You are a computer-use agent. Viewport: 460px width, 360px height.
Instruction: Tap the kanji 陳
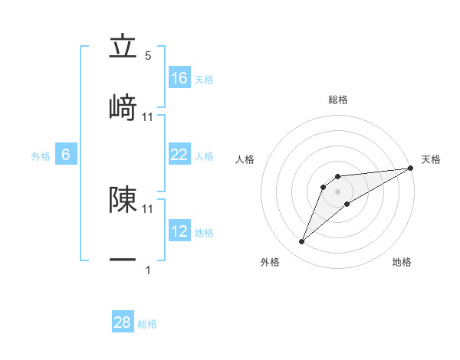pos(123,199)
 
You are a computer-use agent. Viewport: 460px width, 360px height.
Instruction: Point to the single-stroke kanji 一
pos(123,260)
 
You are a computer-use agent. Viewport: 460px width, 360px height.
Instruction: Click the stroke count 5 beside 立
pos(148,56)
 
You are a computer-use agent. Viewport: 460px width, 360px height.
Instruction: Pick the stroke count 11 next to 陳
pos(148,208)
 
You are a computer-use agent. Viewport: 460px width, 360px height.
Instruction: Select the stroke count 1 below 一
pos(148,270)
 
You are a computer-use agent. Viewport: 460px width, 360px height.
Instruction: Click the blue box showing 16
pos(179,78)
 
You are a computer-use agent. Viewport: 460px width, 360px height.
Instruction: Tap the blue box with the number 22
pos(179,155)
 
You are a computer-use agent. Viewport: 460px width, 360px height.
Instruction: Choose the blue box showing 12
pos(179,231)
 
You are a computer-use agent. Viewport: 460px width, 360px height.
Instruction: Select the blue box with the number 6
pos(66,155)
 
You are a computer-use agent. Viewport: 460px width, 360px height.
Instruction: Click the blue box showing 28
pos(123,322)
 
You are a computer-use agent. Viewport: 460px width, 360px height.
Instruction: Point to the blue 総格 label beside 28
pos(147,324)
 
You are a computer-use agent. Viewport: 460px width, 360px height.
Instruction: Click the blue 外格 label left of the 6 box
pos(41,156)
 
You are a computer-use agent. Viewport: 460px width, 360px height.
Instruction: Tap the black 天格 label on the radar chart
pos(431,159)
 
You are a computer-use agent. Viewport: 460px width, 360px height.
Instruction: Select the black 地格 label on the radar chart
pos(402,262)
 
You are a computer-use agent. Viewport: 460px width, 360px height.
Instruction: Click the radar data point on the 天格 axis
pos(411,168)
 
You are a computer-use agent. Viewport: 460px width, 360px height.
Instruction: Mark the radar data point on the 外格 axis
pos(301,242)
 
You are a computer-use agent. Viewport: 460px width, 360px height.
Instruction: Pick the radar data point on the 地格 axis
pos(347,204)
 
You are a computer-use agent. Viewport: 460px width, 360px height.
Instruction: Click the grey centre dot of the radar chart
pos(337,191)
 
